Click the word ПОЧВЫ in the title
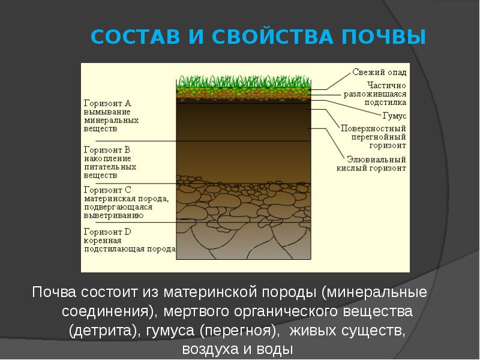pos(383,37)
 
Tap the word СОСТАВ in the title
pos(135,37)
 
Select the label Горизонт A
pos(107,103)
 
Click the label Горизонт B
pos(107,150)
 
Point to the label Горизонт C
pos(107,190)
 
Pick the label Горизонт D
pos(107,232)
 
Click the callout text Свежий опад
pos(379,72)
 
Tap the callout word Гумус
pos(394,116)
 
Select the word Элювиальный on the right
pos(376,160)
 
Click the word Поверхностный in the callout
pos(373,128)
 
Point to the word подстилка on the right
pos(385,102)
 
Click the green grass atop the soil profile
pos(244,82)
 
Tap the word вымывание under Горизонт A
pos(107,112)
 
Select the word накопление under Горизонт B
pos(107,158)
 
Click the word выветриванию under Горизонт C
pos(113,215)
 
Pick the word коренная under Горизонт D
pos(103,241)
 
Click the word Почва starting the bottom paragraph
pos(54,292)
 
